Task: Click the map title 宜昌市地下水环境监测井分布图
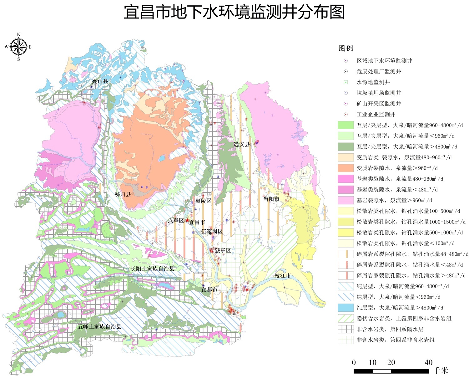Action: [234, 13]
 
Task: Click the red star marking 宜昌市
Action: [187, 220]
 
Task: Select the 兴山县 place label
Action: [100, 81]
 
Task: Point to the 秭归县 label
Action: [123, 194]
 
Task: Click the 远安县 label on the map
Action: [241, 144]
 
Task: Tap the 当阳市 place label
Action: [271, 199]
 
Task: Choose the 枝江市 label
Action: [283, 275]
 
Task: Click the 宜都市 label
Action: [209, 289]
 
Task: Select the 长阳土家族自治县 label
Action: [152, 269]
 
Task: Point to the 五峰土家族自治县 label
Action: [99, 326]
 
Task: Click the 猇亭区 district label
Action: [223, 250]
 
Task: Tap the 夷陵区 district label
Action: [203, 201]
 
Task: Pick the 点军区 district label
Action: [176, 220]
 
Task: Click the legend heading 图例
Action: [346, 49]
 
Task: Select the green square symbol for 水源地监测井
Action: [346, 82]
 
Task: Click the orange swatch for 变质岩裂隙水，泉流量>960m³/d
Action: [345, 168]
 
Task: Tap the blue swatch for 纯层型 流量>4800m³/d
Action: [345, 308]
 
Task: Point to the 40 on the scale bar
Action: [428, 362]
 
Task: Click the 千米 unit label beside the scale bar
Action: [441, 371]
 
